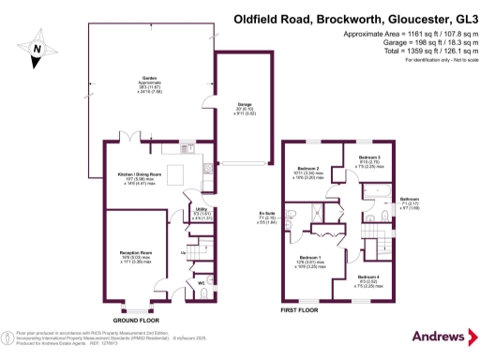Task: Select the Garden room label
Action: coord(148,80)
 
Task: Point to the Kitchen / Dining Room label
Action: coord(138,175)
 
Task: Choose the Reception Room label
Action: coord(136,253)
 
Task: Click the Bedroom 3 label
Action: coord(372,157)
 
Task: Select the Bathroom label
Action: coord(410,199)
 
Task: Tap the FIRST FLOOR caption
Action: coord(300,308)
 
